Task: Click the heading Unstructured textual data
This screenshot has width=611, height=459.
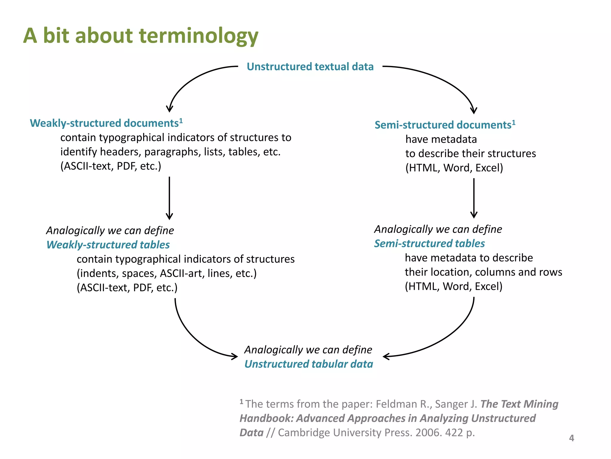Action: point(310,67)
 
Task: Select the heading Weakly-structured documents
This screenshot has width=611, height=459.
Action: point(104,123)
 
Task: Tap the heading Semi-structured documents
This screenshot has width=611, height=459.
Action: point(443,125)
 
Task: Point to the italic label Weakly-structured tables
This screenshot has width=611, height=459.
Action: point(108,245)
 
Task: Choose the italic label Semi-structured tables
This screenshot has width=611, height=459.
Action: point(429,244)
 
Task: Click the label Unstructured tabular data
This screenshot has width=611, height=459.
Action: point(309,364)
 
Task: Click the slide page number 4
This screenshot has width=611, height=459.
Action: point(571,438)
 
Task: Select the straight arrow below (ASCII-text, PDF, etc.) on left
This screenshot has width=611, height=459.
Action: point(169,197)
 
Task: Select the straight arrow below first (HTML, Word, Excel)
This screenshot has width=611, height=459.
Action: point(474,197)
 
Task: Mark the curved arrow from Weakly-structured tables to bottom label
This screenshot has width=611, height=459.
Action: point(194,338)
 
